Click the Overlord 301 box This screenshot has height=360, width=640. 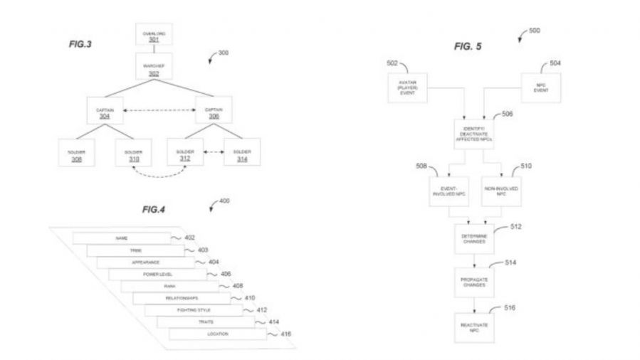(154, 36)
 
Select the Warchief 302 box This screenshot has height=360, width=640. (154, 69)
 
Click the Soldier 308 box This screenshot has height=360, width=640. (76, 156)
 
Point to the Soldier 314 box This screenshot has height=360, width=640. (241, 156)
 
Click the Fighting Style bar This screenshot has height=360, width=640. (192, 310)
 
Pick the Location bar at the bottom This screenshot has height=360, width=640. (217, 334)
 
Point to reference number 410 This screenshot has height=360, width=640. (249, 298)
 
